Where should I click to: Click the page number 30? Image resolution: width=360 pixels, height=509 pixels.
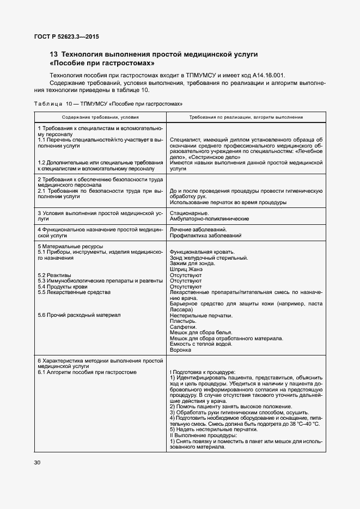(38, 463)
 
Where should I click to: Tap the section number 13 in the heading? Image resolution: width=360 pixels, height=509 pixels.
(54, 54)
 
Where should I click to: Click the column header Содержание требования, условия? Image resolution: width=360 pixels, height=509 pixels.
(100, 117)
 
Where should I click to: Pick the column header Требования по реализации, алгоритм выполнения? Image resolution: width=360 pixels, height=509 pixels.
(246, 117)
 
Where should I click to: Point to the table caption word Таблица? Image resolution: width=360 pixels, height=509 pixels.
(48, 103)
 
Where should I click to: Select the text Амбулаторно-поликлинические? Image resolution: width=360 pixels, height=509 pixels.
(210, 218)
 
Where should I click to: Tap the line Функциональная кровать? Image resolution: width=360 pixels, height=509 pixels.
(202, 252)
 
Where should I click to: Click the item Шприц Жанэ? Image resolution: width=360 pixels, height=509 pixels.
(186, 269)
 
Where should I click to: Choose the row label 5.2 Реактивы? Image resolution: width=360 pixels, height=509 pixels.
(55, 275)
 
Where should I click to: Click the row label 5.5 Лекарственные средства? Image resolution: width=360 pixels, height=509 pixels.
(74, 292)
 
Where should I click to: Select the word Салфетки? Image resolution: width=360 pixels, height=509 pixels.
(184, 327)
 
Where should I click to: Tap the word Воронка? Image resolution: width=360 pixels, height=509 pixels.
(180, 349)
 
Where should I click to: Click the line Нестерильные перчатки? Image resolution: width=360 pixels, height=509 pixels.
(202, 315)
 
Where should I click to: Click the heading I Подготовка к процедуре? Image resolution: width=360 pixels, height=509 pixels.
(203, 372)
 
